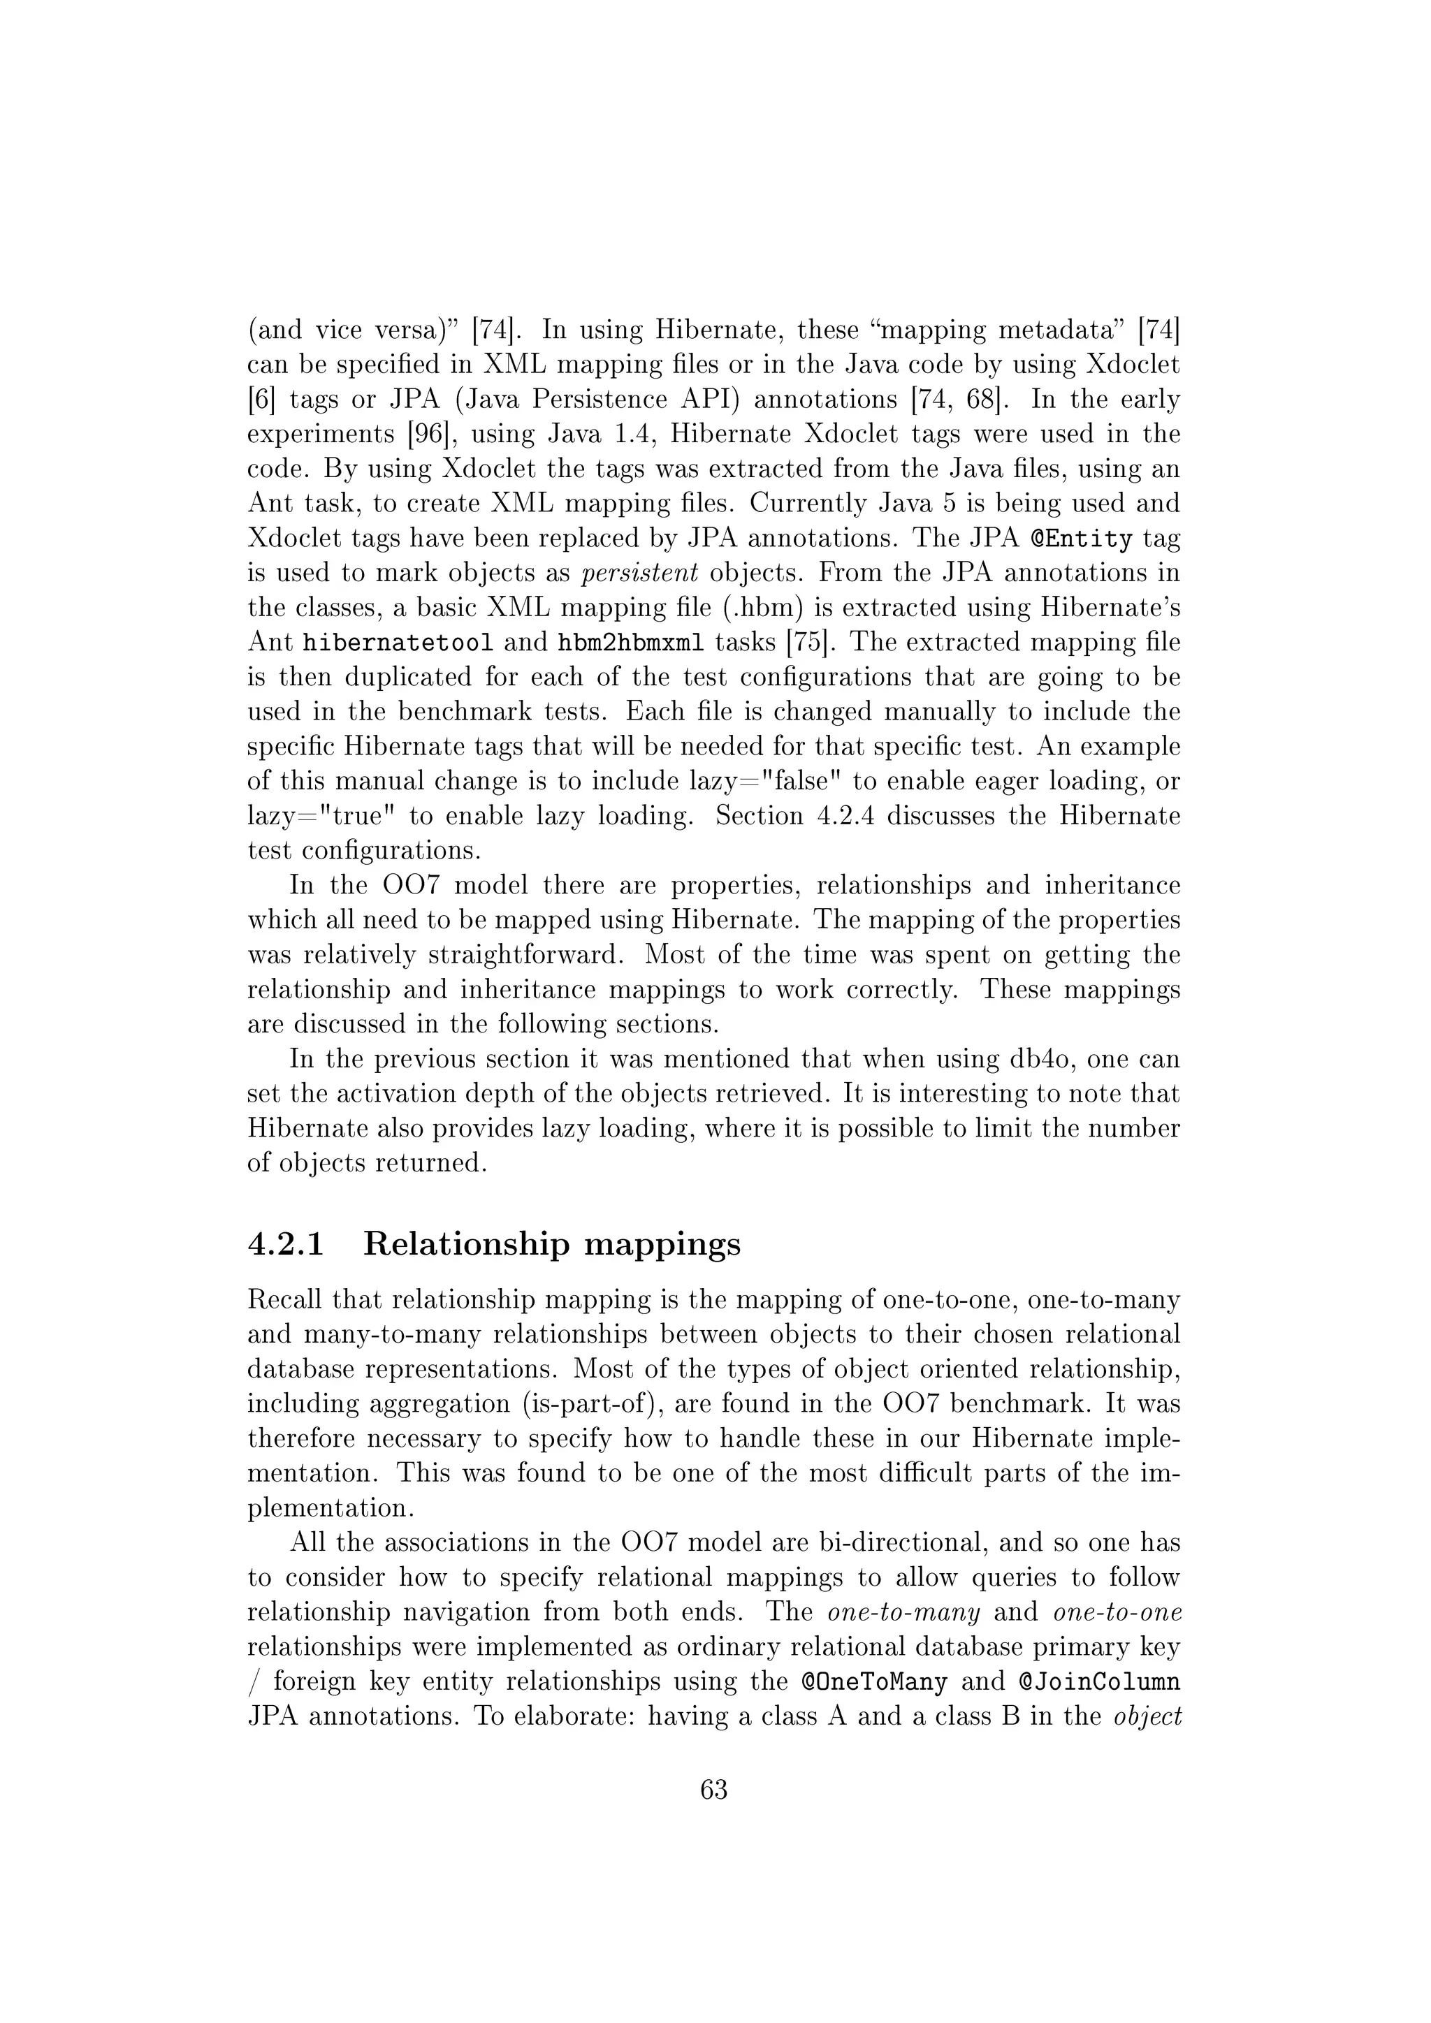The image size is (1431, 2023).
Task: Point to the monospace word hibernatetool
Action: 398,643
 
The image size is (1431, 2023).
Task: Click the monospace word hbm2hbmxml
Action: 631,643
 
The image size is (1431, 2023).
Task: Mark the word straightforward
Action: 527,954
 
